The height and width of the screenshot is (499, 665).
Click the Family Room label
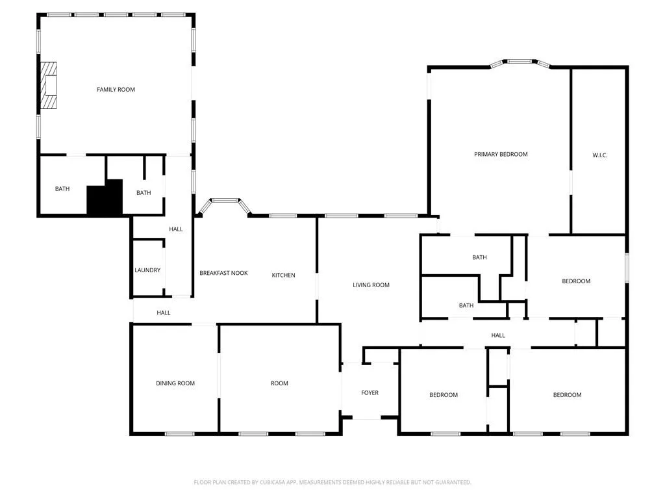tap(116, 89)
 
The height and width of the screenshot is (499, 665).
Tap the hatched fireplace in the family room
tap(49, 84)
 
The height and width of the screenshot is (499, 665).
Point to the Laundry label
tap(147, 270)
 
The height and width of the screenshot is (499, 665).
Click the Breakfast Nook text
tap(223, 273)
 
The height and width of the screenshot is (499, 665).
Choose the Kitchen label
tap(283, 275)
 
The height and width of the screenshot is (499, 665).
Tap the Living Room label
tap(371, 285)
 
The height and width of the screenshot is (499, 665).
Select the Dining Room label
tap(175, 383)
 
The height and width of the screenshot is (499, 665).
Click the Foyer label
tap(370, 392)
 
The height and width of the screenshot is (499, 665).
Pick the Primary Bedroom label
tap(501, 154)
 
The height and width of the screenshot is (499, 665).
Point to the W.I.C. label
tap(599, 155)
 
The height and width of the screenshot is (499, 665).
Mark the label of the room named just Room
tap(279, 383)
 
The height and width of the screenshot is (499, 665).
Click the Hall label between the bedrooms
tap(498, 335)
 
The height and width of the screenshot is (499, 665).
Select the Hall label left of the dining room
tap(164, 313)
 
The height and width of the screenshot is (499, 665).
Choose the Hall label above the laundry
tap(176, 229)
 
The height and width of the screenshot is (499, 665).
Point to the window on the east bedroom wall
tap(627, 268)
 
